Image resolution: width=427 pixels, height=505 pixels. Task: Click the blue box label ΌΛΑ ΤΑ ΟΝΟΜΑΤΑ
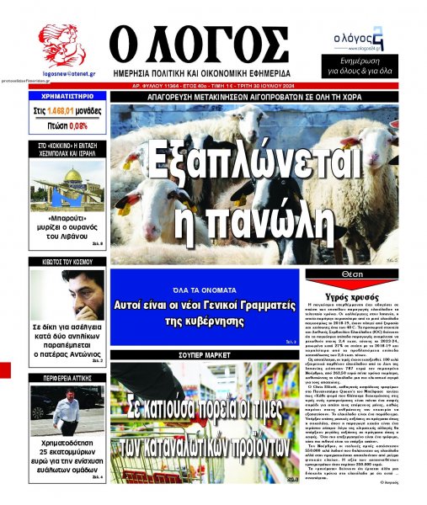(205, 283)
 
